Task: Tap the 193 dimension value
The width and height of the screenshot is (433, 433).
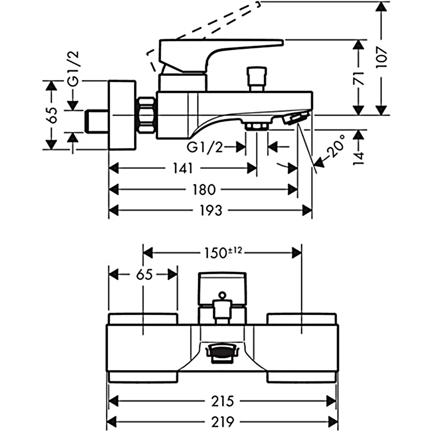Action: (x=211, y=210)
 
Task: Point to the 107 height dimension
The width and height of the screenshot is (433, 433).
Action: (x=382, y=58)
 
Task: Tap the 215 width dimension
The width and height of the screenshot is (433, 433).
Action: (x=222, y=401)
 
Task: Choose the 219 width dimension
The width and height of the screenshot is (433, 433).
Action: (x=222, y=422)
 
